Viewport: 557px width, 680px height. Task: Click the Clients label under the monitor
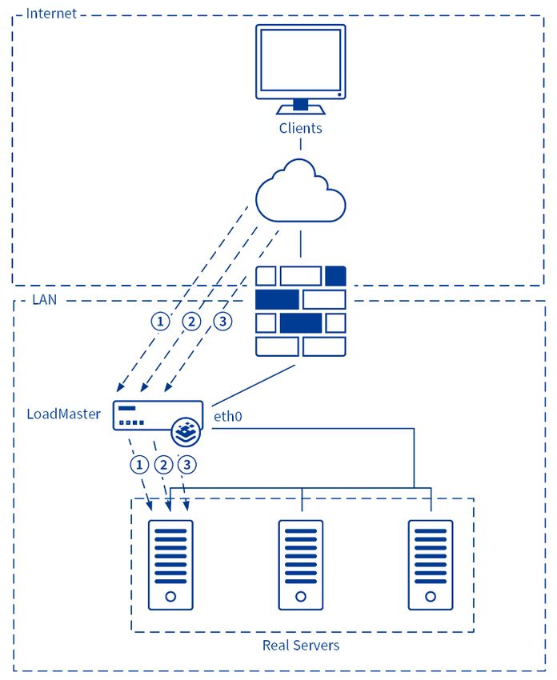[300, 128]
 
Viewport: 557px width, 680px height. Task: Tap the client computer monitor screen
[300, 60]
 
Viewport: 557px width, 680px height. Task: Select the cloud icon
[300, 191]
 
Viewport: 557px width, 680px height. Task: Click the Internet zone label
[51, 14]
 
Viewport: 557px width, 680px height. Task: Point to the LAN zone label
[44, 300]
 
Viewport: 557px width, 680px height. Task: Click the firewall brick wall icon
[301, 311]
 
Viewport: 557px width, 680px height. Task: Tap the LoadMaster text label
[64, 414]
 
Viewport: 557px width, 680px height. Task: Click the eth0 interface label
[228, 416]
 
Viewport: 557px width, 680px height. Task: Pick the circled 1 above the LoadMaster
[161, 322]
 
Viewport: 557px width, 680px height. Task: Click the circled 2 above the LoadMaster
[192, 322]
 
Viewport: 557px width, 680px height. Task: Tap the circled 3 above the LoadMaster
[223, 322]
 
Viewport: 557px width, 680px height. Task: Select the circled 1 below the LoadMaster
[139, 465]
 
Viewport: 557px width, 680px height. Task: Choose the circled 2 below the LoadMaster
[163, 465]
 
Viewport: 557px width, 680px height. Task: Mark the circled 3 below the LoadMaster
[187, 465]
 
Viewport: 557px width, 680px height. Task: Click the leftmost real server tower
[170, 565]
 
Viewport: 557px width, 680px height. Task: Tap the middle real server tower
[301, 565]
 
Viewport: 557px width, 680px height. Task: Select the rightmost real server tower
[431, 565]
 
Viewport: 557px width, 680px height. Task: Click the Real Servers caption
[301, 646]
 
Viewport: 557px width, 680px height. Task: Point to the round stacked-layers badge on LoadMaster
[186, 432]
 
